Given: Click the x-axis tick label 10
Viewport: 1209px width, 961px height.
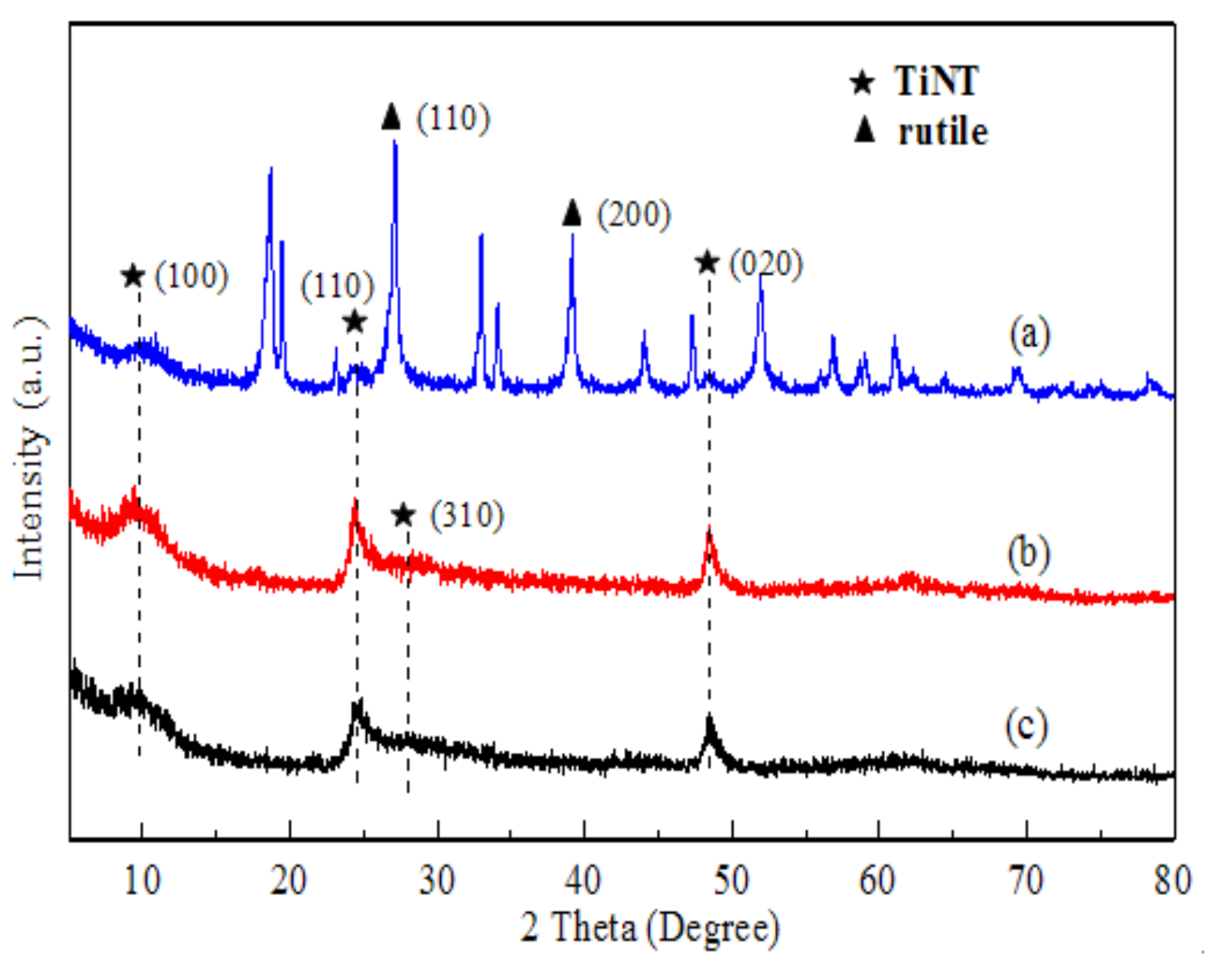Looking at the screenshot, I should (x=142, y=880).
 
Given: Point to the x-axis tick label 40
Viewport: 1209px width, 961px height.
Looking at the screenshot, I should (x=583, y=880).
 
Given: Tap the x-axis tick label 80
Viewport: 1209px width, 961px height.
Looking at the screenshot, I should (x=1172, y=880).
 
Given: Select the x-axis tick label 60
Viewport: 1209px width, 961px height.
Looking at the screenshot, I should (x=878, y=880).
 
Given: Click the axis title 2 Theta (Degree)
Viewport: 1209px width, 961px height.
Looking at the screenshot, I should (x=649, y=928).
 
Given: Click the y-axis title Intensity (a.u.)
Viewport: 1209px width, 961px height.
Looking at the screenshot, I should (x=30, y=448).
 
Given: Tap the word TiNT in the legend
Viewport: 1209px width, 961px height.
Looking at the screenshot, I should (x=936, y=81).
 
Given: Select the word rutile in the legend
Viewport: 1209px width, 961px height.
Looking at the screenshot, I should (x=943, y=132).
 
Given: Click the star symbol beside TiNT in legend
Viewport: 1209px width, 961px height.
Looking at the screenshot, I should (x=862, y=81).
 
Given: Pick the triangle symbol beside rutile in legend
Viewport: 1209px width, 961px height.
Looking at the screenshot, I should (x=864, y=129).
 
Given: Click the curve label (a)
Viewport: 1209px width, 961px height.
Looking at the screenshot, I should (x=1029, y=334).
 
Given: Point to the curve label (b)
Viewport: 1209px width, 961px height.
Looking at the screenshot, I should (x=1028, y=554).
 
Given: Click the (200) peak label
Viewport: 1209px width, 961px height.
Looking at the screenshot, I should (x=634, y=215).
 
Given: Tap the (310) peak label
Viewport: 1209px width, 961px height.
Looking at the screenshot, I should (x=467, y=516).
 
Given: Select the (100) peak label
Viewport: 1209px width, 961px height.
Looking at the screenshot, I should (x=191, y=277).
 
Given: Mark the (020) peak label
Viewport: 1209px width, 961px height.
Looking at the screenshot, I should (x=766, y=264).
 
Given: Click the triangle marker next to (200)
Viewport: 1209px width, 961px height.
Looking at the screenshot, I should (x=572, y=213).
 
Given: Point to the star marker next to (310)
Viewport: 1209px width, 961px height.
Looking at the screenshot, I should (x=404, y=515).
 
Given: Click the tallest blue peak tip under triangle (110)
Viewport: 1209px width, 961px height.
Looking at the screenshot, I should (x=395, y=142).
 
